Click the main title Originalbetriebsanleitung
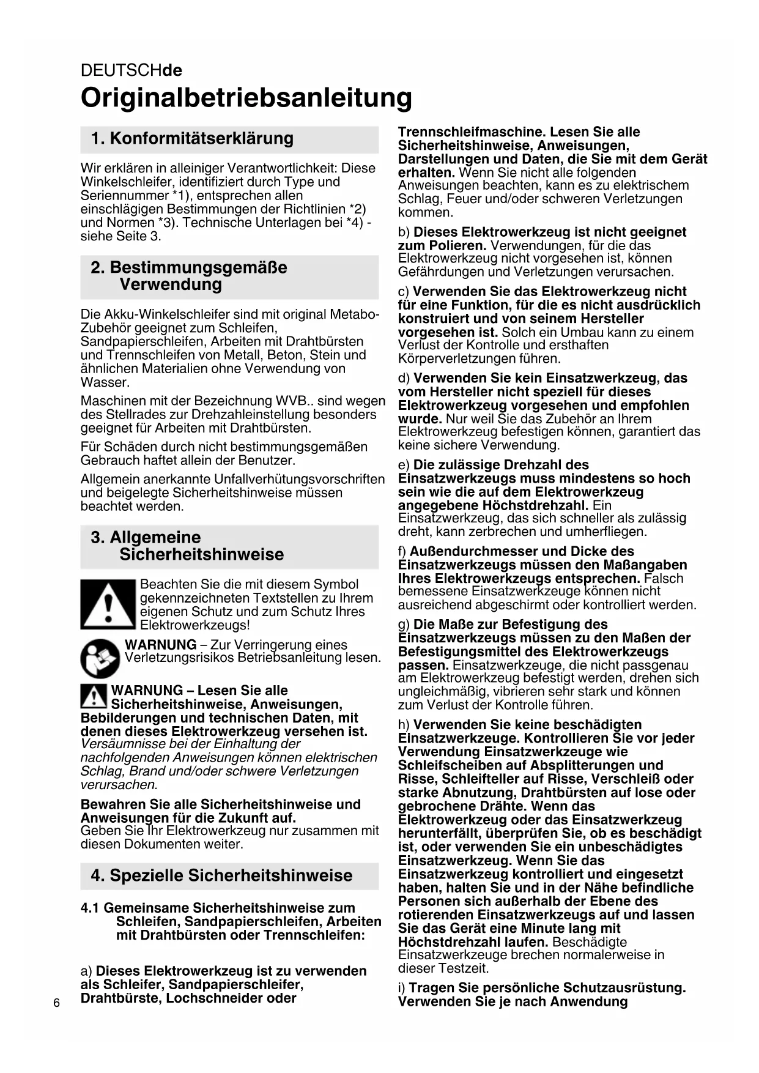pos(246,98)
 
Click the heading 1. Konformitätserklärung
pos(192,138)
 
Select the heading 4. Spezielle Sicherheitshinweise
pos(221,875)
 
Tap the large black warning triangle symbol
pos(108,604)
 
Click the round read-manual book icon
pos(100,658)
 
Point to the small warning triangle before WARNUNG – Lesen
pos(94,696)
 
